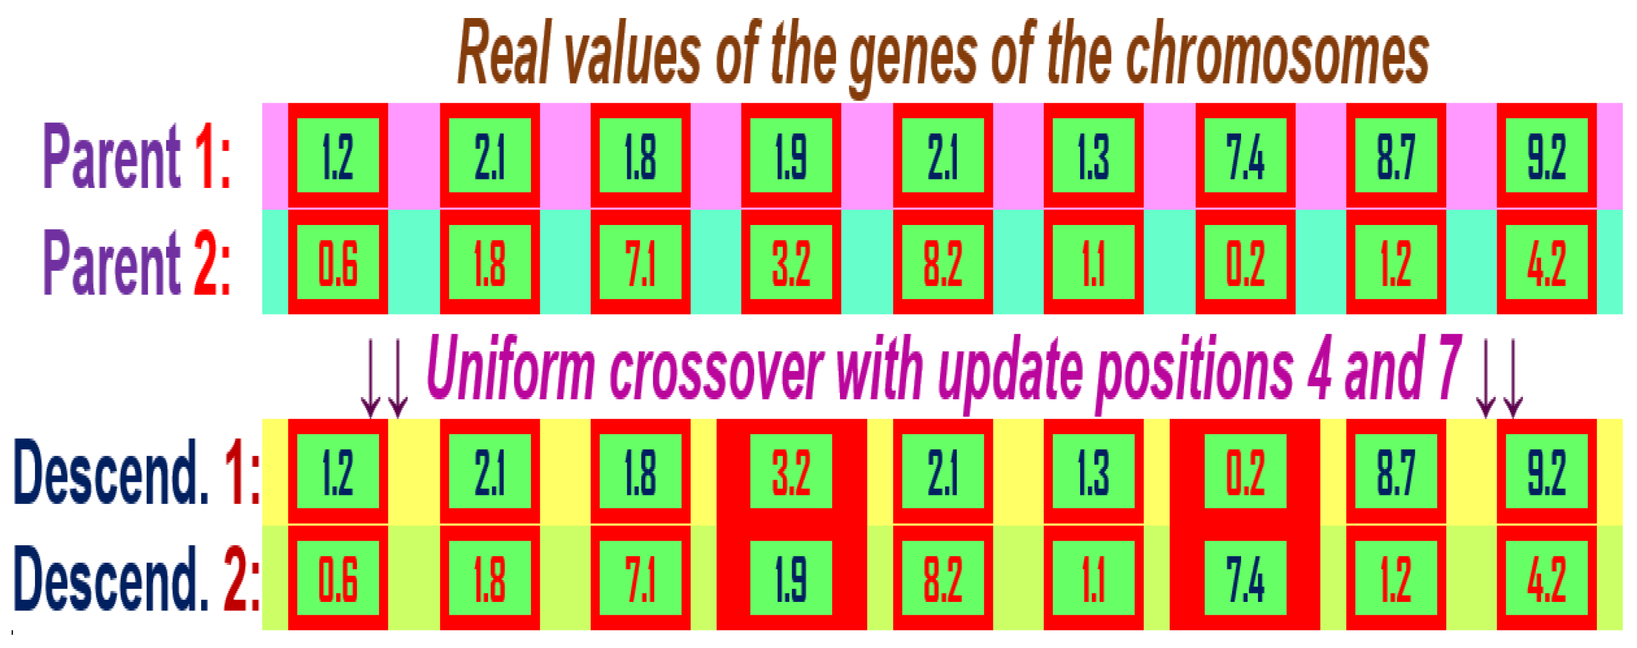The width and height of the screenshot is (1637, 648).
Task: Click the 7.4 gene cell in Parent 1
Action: click(x=1245, y=155)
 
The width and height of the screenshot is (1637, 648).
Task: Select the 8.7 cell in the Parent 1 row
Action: click(x=1396, y=155)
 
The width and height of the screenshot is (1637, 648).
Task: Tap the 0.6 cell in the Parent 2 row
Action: click(x=338, y=262)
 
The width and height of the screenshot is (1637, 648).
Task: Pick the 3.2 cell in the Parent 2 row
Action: click(x=791, y=262)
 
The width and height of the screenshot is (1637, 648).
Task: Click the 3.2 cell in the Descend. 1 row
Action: click(x=791, y=471)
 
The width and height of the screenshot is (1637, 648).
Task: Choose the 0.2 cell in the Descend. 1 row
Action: click(x=1245, y=471)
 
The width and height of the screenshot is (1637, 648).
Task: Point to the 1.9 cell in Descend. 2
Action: click(x=791, y=578)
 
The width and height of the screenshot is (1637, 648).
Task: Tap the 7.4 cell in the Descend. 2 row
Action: click(x=1245, y=578)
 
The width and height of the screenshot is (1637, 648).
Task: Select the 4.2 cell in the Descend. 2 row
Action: click(x=1546, y=578)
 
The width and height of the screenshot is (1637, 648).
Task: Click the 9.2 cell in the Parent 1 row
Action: click(x=1546, y=155)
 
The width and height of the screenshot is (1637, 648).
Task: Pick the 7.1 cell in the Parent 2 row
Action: click(x=640, y=262)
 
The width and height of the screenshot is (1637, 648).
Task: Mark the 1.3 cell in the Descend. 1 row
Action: click(x=1093, y=471)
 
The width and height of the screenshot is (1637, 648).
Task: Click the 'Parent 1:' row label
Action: click(x=137, y=156)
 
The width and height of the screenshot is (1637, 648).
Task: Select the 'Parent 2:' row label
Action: click(x=137, y=262)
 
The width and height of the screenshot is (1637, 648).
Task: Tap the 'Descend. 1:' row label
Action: click(x=136, y=472)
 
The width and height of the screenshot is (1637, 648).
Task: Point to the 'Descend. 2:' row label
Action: click(x=136, y=578)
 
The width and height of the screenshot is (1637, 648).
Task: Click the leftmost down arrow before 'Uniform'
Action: click(x=370, y=379)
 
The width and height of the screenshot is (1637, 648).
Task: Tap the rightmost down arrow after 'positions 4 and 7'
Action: click(x=1513, y=379)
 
